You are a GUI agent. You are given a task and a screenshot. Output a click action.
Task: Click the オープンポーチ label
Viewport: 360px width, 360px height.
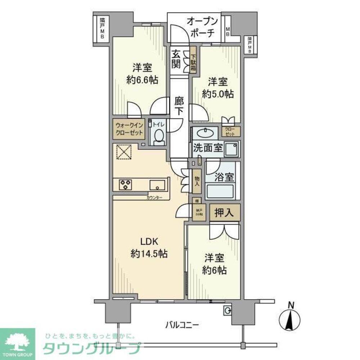(x=201, y=27)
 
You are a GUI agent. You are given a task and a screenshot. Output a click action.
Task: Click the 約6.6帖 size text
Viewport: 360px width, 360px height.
(x=141, y=80)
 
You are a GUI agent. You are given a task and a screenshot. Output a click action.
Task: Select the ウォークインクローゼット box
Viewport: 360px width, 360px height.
(x=129, y=129)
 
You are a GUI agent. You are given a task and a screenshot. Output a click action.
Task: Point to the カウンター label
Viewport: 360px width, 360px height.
(x=154, y=198)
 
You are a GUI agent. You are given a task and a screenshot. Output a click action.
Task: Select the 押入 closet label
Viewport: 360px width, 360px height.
(x=225, y=212)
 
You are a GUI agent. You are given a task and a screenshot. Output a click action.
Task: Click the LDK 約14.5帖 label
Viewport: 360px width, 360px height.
(x=148, y=247)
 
